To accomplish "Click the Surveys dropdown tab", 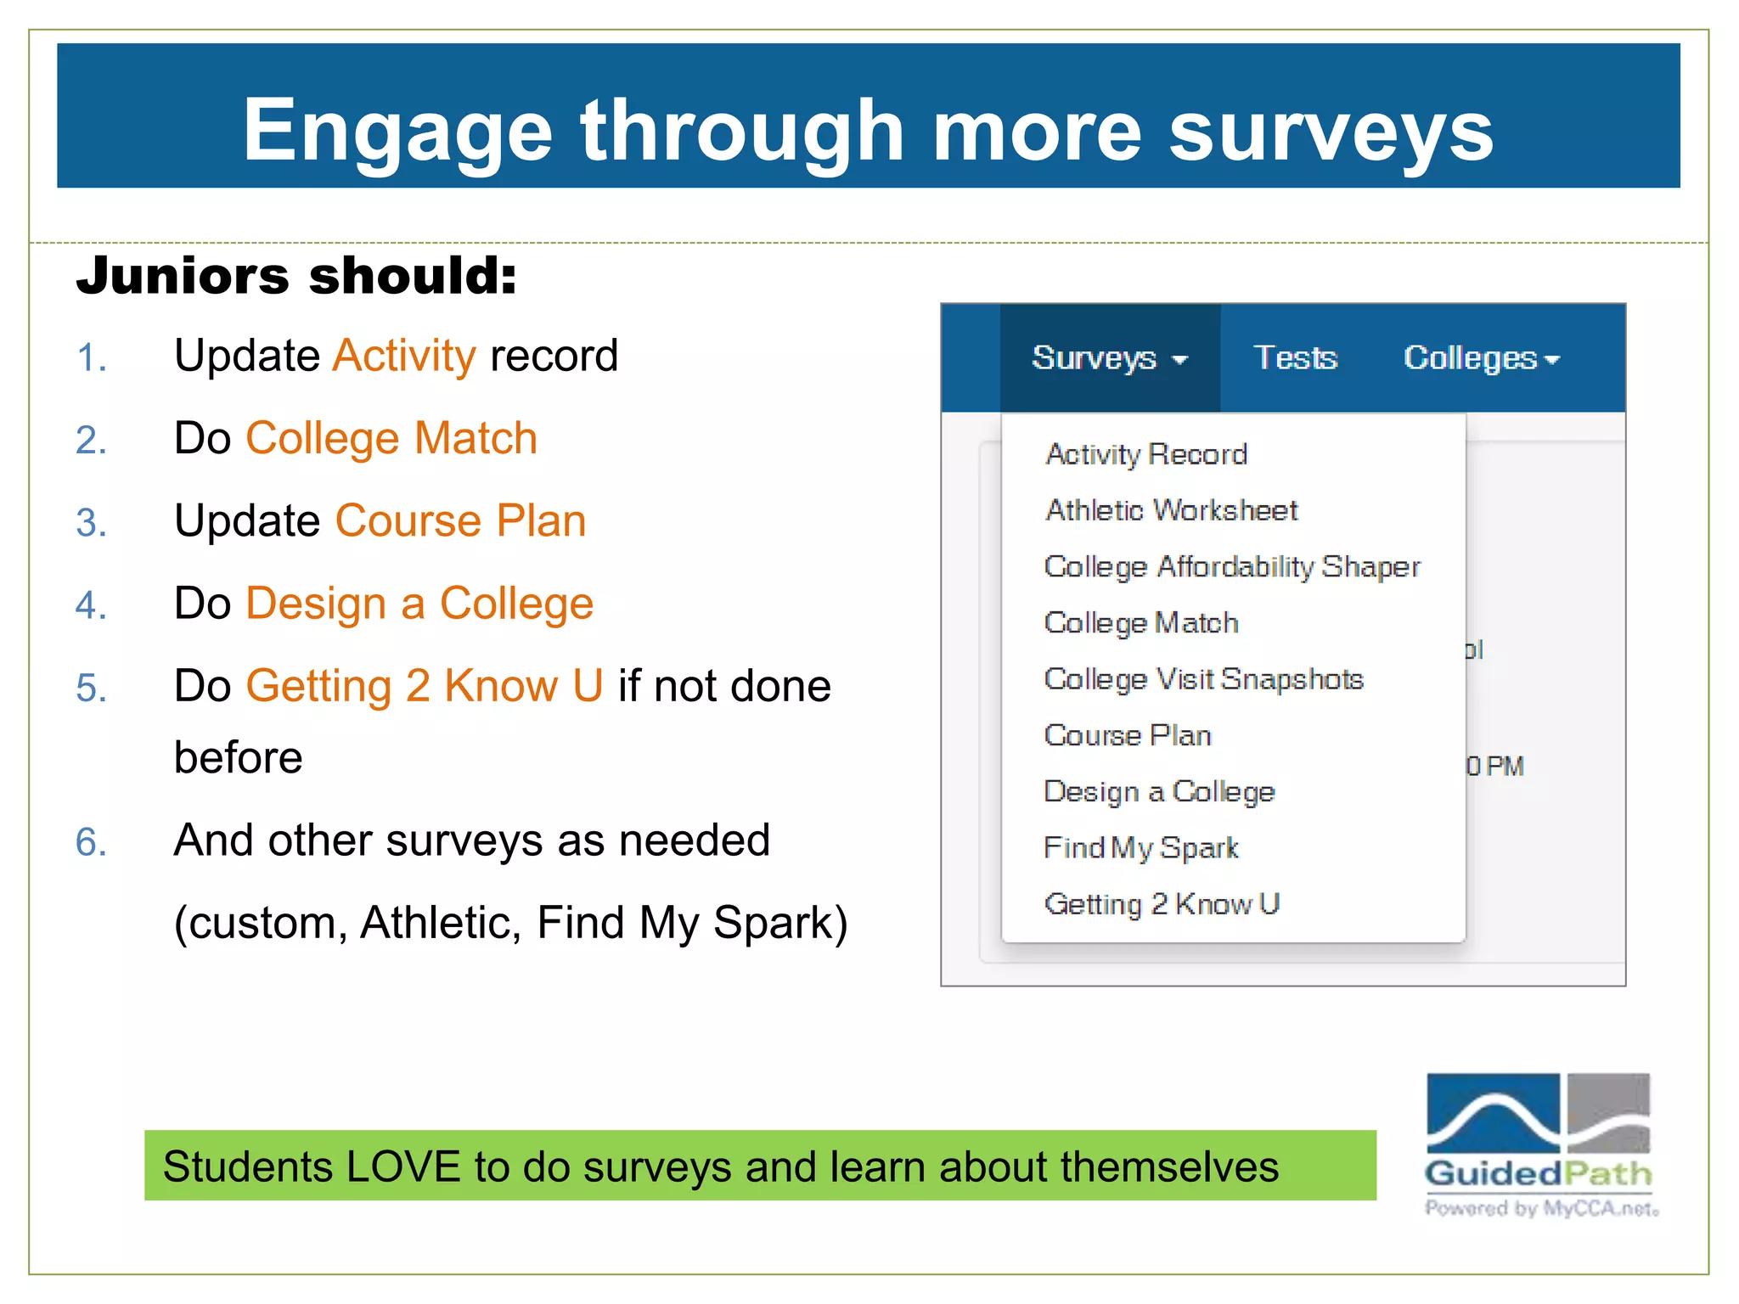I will click(x=1108, y=358).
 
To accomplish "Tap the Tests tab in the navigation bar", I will click(x=1295, y=358).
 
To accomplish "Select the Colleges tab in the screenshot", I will click(x=1481, y=358).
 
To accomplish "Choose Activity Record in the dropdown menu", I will click(x=1146, y=455).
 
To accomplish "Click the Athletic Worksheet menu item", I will click(x=1171, y=511).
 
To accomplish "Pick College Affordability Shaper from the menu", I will click(x=1231, y=567).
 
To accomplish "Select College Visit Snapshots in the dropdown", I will click(x=1203, y=679).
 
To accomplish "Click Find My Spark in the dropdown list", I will click(x=1140, y=848).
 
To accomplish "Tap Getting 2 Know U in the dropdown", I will click(x=1161, y=904).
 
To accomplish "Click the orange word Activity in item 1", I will click(x=404, y=357).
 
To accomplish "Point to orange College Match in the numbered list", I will click(x=391, y=439).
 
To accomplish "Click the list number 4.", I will click(x=91, y=606).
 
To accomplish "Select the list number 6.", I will click(x=91, y=843).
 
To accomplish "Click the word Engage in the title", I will click(x=397, y=132).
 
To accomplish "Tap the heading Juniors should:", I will click(x=296, y=276).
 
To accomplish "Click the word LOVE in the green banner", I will click(x=402, y=1166).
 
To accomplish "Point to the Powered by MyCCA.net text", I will click(x=1540, y=1209).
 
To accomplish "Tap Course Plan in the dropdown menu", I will click(x=1127, y=736).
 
